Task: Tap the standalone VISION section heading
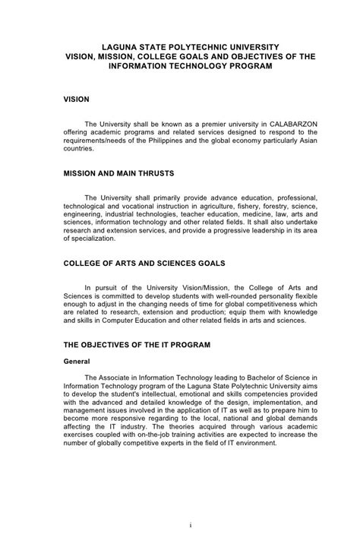(x=76, y=100)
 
